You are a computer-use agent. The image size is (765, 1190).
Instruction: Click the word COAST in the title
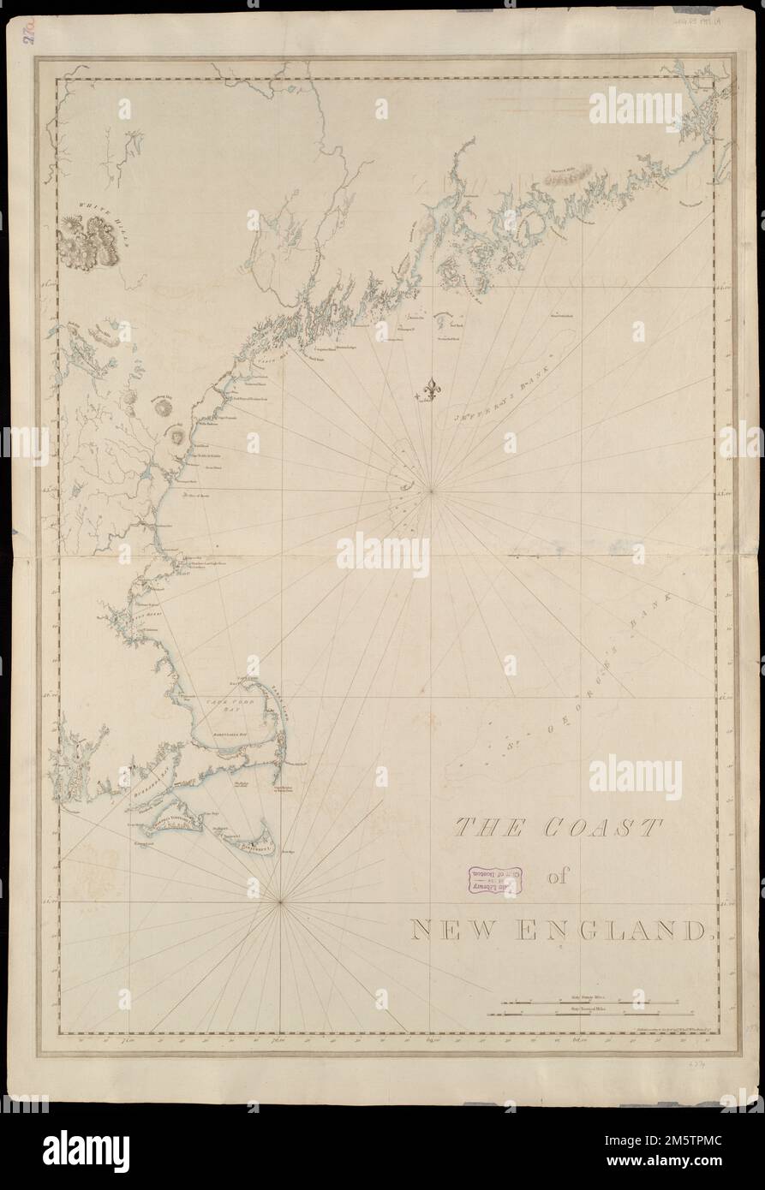pyautogui.click(x=599, y=829)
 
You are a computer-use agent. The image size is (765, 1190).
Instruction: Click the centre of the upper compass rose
pyautogui.click(x=432, y=491)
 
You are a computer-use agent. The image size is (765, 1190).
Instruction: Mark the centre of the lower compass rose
pyautogui.click(x=281, y=901)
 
